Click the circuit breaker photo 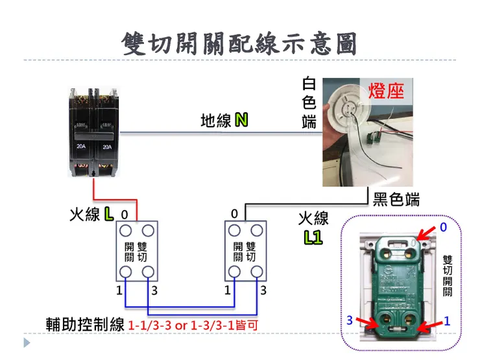pyautogui.click(x=94, y=133)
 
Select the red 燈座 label pyautogui.click(x=385, y=90)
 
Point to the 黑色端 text pyautogui.click(x=396, y=199)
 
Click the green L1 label pyautogui.click(x=313, y=237)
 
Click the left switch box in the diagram pyautogui.click(x=138, y=251)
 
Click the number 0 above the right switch pyautogui.click(x=234, y=214)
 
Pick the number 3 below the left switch pyautogui.click(x=154, y=291)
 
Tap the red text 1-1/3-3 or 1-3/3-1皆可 pyautogui.click(x=193, y=324)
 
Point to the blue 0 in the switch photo pyautogui.click(x=444, y=228)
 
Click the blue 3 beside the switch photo pyautogui.click(x=349, y=320)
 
